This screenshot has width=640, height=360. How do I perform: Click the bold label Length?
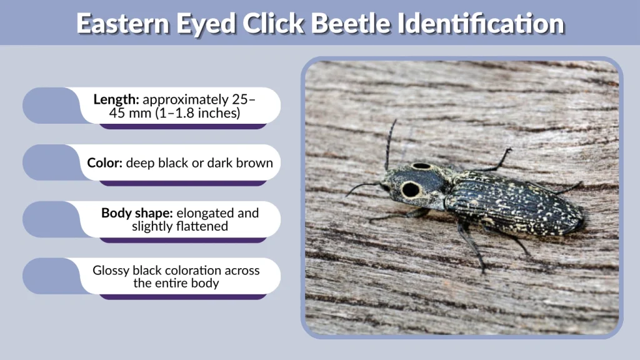coord(116,99)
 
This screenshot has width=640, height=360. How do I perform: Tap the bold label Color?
coord(105,163)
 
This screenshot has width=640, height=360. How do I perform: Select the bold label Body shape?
coord(137,213)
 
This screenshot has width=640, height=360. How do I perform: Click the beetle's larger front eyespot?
coord(411,189)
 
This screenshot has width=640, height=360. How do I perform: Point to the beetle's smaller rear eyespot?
coord(422,166)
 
